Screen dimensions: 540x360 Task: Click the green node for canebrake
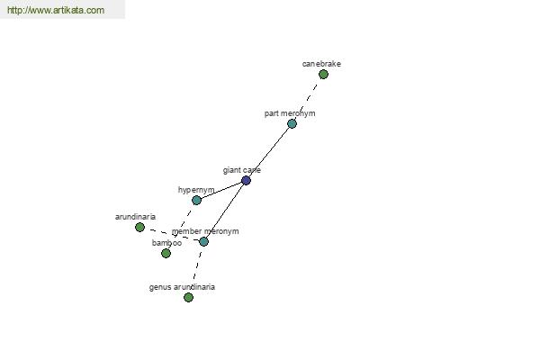pos(323,74)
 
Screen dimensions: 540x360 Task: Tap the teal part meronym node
pos(292,123)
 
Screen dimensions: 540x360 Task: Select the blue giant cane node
pos(246,180)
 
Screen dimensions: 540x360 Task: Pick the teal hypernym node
pos(196,200)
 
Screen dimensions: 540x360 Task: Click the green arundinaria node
pos(139,227)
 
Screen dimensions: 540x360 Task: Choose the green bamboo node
pos(166,253)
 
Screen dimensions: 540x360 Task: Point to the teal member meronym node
pos(204,241)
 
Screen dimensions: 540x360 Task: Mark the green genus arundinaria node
pos(188,297)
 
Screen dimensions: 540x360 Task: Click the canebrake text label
pos(321,64)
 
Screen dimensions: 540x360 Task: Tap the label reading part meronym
pos(290,113)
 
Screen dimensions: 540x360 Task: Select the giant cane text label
pos(242,170)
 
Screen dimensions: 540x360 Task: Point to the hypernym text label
pos(196,190)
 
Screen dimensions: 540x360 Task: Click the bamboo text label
pos(167,243)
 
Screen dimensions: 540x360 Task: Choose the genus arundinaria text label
pos(182,287)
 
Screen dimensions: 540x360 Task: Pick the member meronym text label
pos(205,231)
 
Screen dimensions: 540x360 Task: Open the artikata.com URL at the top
pos(56,10)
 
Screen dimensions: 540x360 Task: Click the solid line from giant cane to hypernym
pos(221,190)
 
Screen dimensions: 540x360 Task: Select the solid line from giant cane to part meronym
pos(268,152)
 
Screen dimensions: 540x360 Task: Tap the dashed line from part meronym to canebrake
pos(307,99)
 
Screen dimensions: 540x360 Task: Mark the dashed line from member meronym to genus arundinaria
pos(196,269)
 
